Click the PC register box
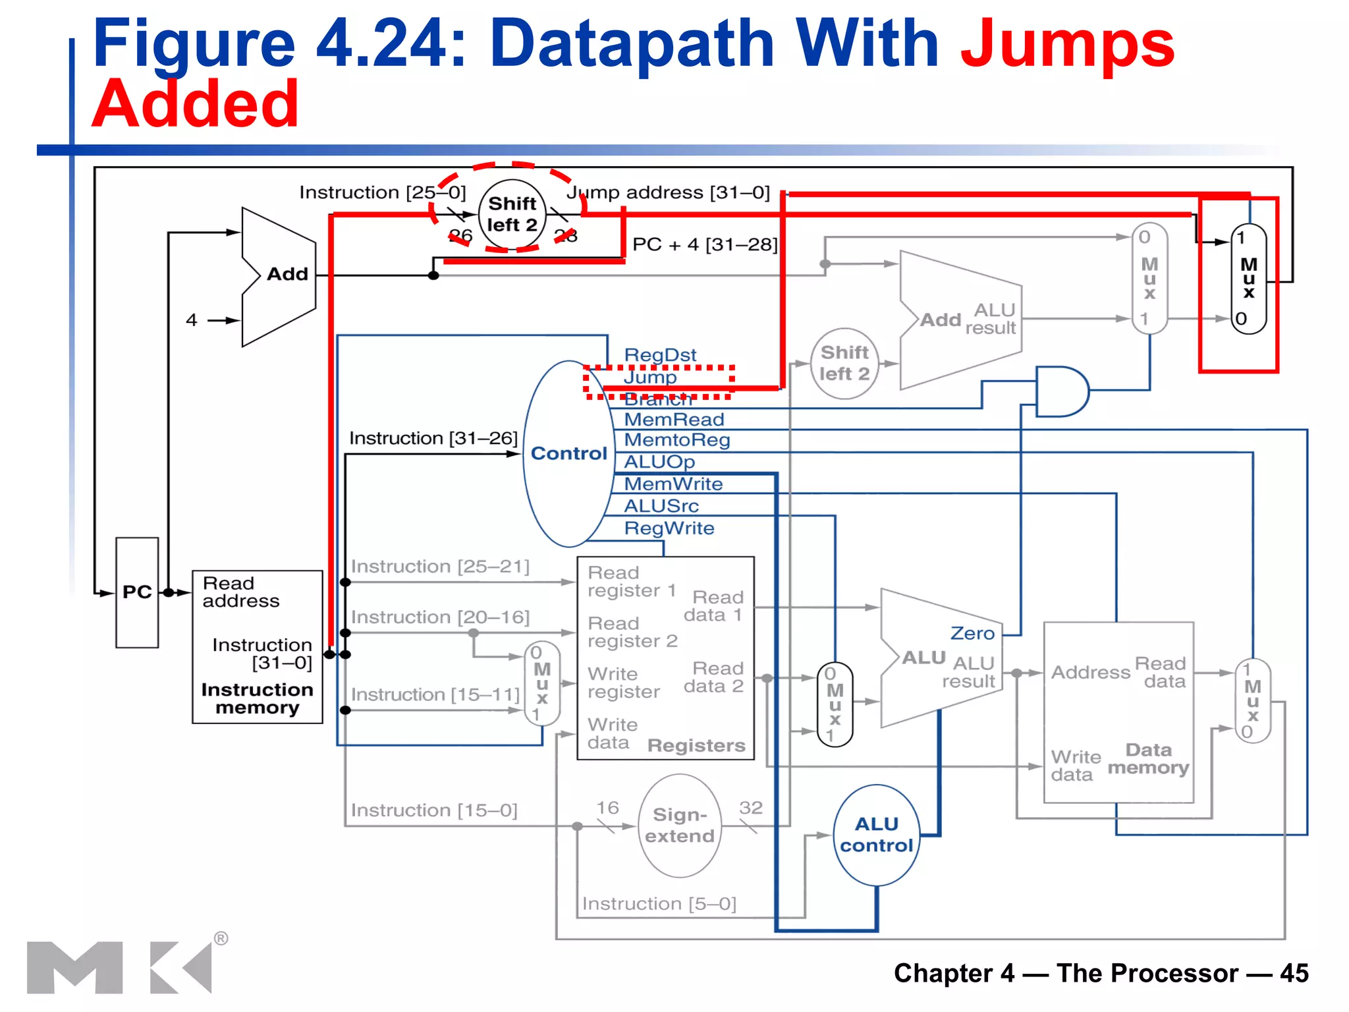click(137, 592)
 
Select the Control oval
click(568, 453)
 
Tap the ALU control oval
click(876, 835)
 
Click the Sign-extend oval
click(679, 826)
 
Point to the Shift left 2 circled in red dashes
click(512, 214)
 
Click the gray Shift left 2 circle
click(844, 363)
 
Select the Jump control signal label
click(650, 377)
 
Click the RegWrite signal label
click(669, 528)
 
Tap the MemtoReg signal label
click(676, 439)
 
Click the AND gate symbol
click(1060, 391)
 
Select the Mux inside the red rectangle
click(1248, 279)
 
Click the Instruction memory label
click(257, 698)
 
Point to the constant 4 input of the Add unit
click(192, 320)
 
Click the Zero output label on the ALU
click(972, 633)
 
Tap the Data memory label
click(1148, 758)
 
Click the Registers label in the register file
click(696, 745)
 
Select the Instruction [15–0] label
click(434, 810)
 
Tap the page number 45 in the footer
click(1294, 973)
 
